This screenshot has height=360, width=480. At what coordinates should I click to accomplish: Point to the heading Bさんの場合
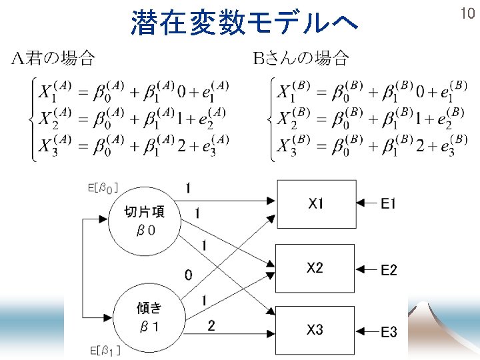(x=301, y=59)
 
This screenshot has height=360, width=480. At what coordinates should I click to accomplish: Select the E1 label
(x=389, y=204)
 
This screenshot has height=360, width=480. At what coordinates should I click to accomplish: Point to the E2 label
(x=389, y=270)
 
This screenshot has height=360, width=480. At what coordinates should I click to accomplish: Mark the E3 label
(x=389, y=331)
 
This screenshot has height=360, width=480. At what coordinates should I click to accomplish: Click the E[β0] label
(x=103, y=189)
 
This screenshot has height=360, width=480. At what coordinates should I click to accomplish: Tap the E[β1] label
(x=105, y=350)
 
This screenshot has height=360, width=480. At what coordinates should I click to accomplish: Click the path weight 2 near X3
(x=211, y=325)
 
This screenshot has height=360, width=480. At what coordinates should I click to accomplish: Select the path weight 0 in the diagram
(x=189, y=274)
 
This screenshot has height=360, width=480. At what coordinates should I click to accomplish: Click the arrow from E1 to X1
(x=366, y=204)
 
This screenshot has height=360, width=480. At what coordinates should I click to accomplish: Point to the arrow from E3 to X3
(x=366, y=331)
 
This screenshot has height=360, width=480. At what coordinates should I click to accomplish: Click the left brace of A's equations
(x=31, y=119)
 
